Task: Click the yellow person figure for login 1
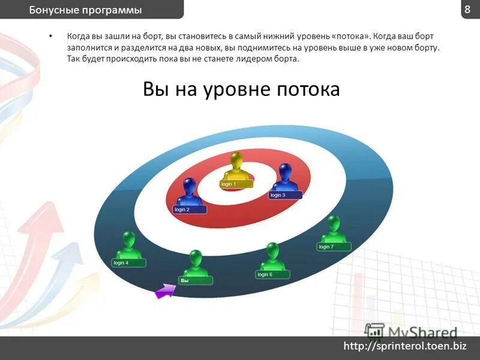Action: (236, 166)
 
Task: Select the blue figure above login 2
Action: (190, 191)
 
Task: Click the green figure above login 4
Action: (128, 245)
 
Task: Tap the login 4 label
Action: (128, 263)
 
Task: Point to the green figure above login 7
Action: (332, 229)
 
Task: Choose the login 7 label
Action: (334, 247)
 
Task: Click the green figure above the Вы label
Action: (196, 263)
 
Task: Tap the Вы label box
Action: (195, 280)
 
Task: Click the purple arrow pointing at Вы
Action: (165, 292)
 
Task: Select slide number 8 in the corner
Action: (467, 9)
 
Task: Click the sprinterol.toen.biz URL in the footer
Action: (404, 346)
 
